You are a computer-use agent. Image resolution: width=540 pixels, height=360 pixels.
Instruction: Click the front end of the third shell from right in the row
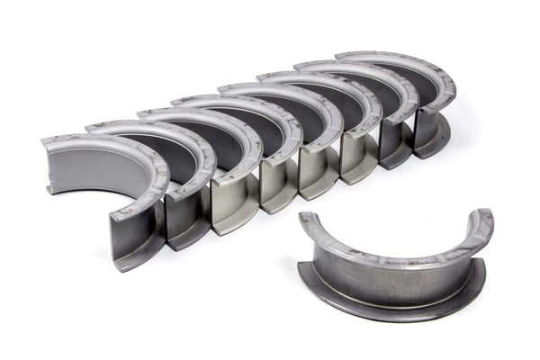(x=357, y=157)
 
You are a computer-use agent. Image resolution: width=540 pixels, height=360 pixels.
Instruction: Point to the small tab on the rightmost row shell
(x=445, y=135)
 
